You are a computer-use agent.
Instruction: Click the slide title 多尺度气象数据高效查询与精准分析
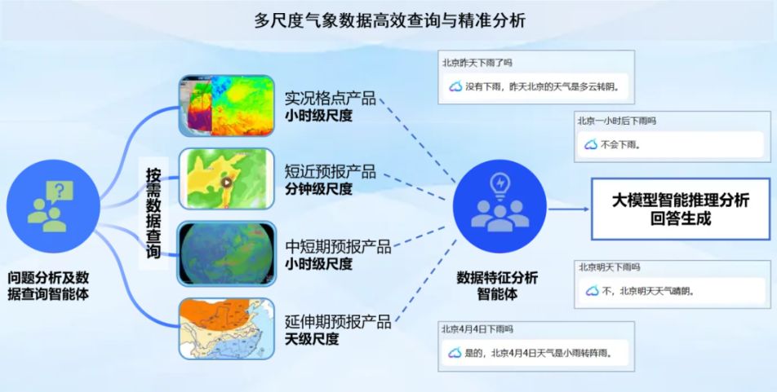coord(390,21)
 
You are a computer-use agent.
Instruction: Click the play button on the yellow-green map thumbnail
coord(227,183)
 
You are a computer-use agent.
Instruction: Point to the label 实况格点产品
coord(330,98)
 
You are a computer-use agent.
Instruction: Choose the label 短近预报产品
coord(330,171)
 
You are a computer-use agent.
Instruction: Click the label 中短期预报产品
coord(338,246)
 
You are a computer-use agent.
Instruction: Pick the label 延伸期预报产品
coord(338,322)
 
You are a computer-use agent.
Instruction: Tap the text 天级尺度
coord(312,340)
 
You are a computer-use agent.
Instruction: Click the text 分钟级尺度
coord(318,189)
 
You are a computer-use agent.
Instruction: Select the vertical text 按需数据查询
coord(153,214)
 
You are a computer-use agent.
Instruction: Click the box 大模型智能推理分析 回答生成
coord(681,209)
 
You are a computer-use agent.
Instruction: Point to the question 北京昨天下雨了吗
coord(477,63)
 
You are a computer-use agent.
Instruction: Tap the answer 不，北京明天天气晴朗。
coord(648,291)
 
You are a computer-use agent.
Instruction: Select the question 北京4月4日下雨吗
coord(477,329)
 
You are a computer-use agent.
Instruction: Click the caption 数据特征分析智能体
coord(497,285)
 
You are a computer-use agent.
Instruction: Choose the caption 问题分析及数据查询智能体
coord(48,285)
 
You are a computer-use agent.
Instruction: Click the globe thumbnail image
coord(226,254)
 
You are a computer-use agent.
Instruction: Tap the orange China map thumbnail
coord(226,328)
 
